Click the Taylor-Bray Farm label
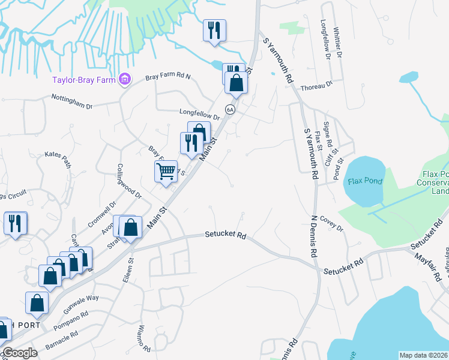tap(84, 79)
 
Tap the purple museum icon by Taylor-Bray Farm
tap(125, 79)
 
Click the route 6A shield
tap(230, 109)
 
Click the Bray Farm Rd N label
tap(168, 76)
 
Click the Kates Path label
tap(58, 155)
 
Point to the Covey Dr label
tap(331, 223)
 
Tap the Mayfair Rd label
tap(430, 266)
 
